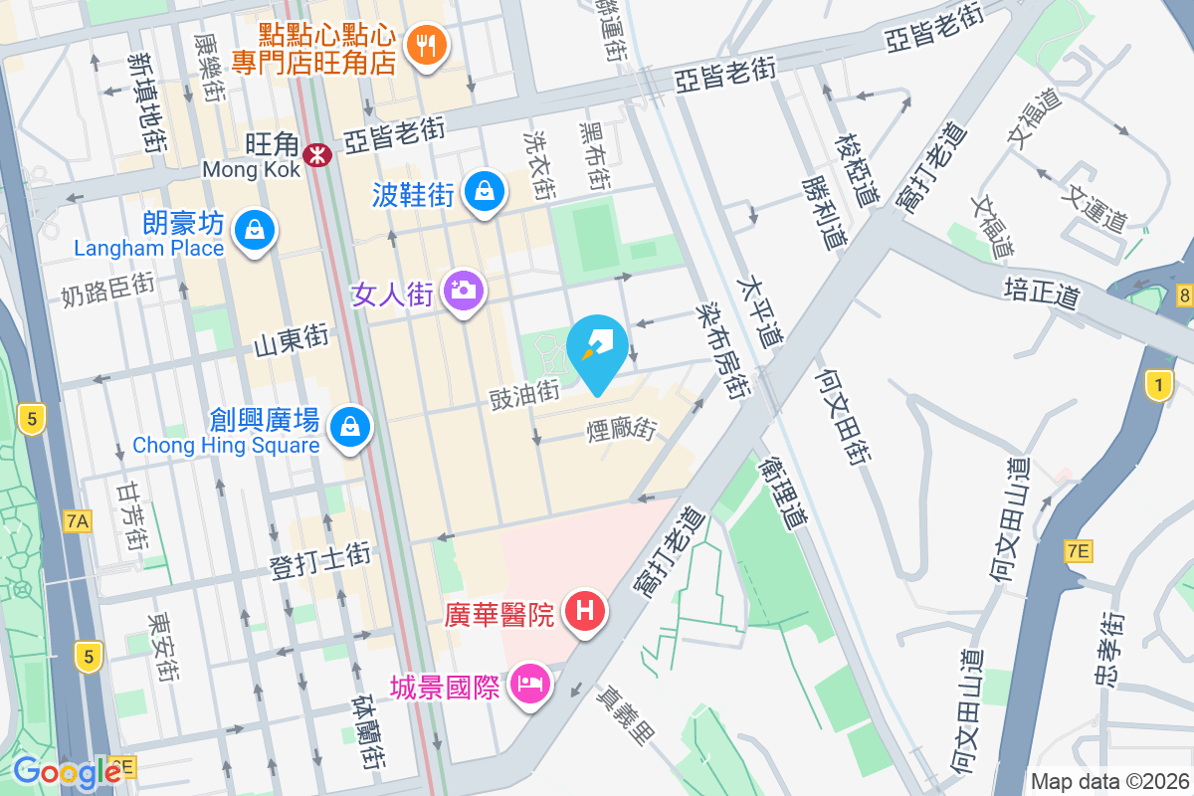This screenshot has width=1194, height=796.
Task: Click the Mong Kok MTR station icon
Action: pos(318,154)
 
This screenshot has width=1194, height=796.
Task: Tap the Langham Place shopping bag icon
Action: pos(256,232)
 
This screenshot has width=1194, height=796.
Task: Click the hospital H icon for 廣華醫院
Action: pos(585,610)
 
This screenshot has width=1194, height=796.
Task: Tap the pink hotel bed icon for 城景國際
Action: pos(529,685)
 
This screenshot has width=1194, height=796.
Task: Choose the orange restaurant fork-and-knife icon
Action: pos(426,45)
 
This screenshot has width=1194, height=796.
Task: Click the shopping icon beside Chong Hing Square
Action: pos(349,427)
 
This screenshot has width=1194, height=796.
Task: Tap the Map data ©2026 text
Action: pos(1108,781)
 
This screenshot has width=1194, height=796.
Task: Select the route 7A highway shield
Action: pos(78,520)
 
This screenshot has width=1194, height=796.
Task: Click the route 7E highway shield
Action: pos(1078,551)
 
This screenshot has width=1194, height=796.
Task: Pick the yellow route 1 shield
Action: pos(1158,385)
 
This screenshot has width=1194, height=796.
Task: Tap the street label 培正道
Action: pos(1041,290)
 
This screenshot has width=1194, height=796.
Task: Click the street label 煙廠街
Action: pos(622,429)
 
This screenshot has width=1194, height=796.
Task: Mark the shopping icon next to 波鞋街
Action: pos(484,190)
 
